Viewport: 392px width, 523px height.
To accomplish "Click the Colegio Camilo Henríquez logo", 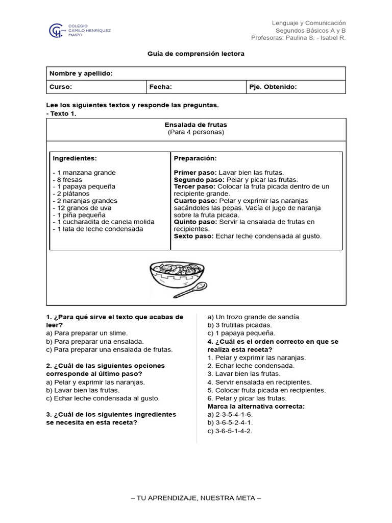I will pyautogui.click(x=79, y=31).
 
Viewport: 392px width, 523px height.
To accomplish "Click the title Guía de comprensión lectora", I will pyautogui.click(x=196, y=54).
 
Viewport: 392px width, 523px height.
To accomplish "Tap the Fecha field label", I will pyautogui.click(x=160, y=87).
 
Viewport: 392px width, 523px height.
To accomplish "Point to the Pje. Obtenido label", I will pyautogui.click(x=273, y=87).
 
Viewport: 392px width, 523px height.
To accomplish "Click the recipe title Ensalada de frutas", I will pyautogui.click(x=196, y=125).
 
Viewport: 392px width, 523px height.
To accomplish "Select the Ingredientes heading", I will pyautogui.click(x=75, y=158).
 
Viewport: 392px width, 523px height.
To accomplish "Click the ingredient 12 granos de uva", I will pyautogui.click(x=82, y=208).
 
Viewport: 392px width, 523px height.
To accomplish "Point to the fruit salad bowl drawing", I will pyautogui.click(x=176, y=276).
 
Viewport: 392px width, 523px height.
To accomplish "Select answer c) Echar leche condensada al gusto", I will pyautogui.click(x=103, y=398).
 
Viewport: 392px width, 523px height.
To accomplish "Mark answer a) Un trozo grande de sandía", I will pyautogui.click(x=254, y=317).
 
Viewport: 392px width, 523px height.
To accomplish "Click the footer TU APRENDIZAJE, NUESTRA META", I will pyautogui.click(x=196, y=498).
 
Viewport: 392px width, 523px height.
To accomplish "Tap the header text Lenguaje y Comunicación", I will pyautogui.click(x=308, y=23).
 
